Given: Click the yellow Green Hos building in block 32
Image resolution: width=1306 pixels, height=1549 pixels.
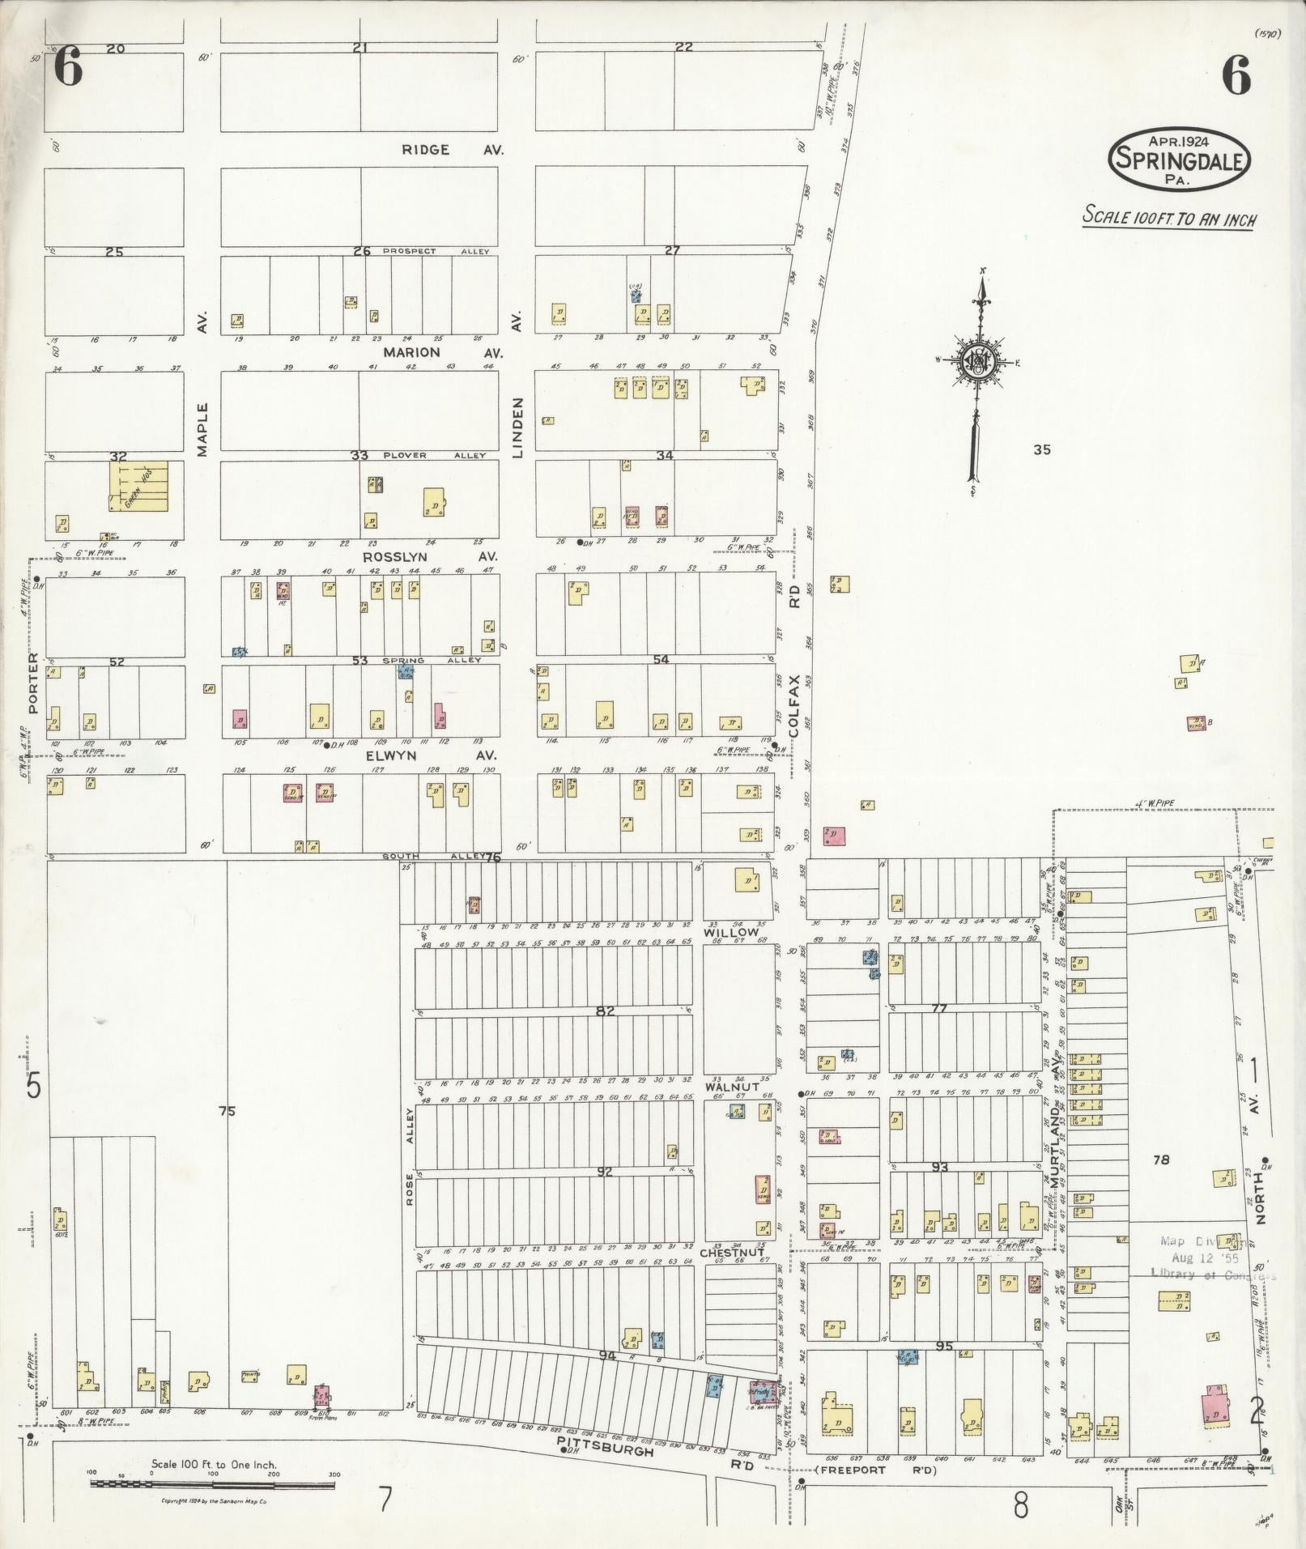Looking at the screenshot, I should click(x=138, y=486).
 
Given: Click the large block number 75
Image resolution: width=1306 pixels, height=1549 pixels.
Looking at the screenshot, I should click(x=227, y=1112).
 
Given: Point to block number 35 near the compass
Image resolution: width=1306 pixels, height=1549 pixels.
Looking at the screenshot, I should click(x=1042, y=449).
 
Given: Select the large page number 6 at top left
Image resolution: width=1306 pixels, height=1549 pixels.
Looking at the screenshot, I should click(x=68, y=68).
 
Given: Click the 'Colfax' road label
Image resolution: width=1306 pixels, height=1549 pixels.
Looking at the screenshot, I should click(x=795, y=706).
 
